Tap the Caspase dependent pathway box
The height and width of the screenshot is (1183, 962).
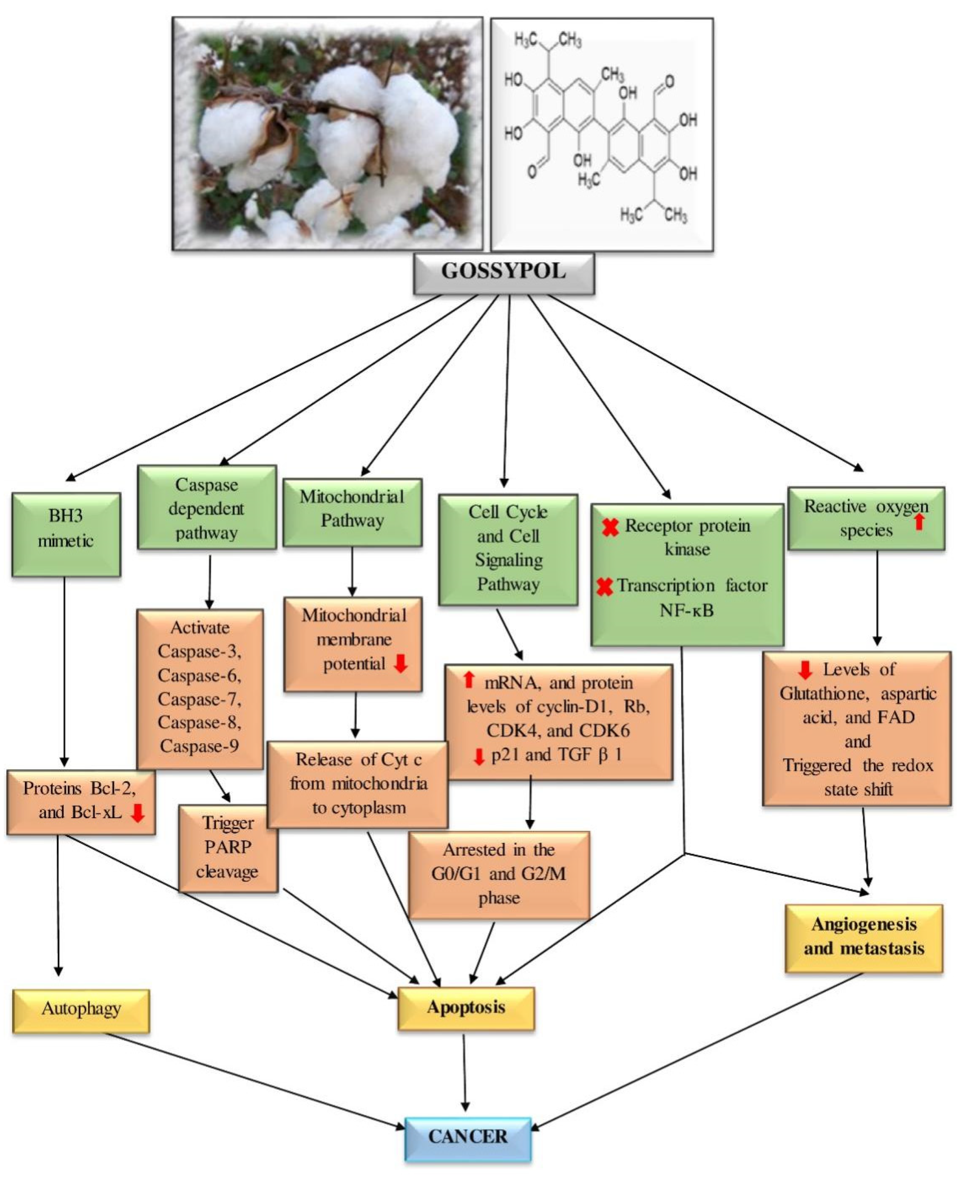pyautogui.click(x=206, y=508)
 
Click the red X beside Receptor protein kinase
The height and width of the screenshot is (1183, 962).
pyautogui.click(x=610, y=527)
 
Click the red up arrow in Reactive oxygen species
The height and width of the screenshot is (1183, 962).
pyautogui.click(x=919, y=521)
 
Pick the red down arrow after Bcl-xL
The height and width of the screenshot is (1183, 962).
pyautogui.click(x=137, y=813)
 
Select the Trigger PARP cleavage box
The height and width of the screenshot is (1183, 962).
pyautogui.click(x=228, y=848)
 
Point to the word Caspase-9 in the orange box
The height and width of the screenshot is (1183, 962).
pyautogui.click(x=200, y=746)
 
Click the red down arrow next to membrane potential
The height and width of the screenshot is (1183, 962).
pyautogui.click(x=400, y=663)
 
